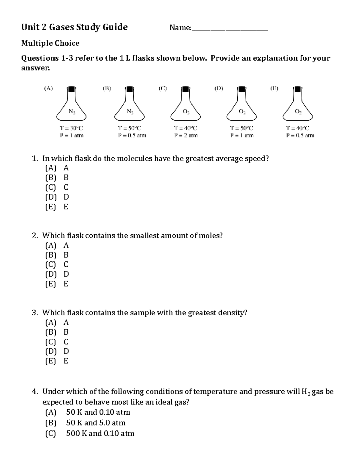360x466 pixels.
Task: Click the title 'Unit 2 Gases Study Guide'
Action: coord(74,27)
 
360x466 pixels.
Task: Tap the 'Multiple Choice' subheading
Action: coord(50,43)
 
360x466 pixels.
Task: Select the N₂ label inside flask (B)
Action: coord(130,112)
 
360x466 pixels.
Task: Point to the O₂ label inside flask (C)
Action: coord(186,112)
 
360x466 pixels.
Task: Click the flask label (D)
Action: coord(218,89)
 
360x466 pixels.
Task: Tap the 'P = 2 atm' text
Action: coord(186,135)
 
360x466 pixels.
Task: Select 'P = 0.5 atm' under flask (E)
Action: coord(300,135)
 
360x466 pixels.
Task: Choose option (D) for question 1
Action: coord(57,197)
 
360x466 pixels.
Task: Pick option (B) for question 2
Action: coord(57,255)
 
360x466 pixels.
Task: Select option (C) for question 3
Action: coord(57,342)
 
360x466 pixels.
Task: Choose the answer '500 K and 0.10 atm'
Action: coord(100,433)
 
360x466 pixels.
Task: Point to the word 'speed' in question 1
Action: coord(256,158)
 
